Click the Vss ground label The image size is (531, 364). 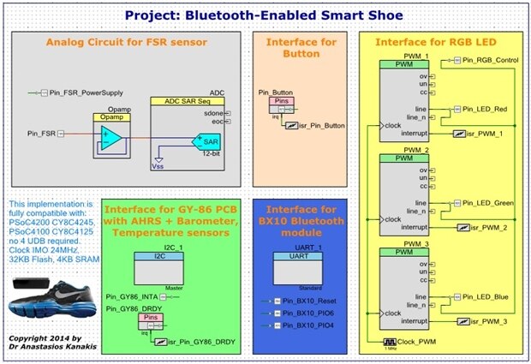coord(158,167)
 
